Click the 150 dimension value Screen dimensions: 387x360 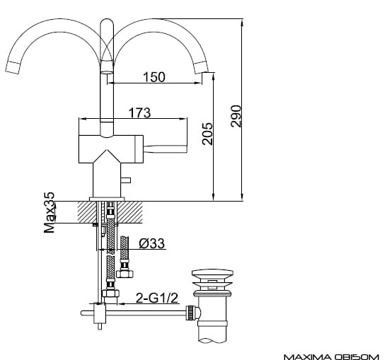click(154, 77)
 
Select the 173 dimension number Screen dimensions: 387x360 click(139, 112)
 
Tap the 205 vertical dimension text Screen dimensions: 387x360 click(207, 134)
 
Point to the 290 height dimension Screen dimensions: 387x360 click(236, 116)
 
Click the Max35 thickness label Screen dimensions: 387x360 click(49, 212)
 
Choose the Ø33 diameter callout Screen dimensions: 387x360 click(151, 243)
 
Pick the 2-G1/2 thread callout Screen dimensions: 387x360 click(157, 298)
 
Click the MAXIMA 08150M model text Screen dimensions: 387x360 click(331, 357)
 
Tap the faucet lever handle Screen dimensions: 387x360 click(165, 149)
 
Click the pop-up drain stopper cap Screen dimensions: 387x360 click(212, 274)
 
